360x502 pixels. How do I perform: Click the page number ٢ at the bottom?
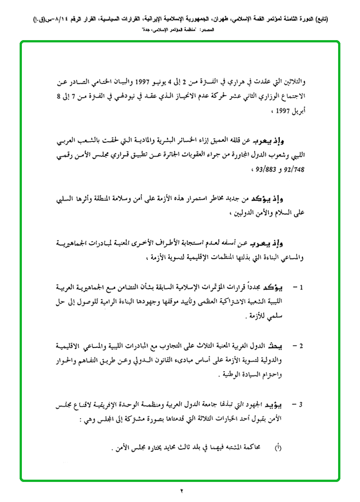[181, 491]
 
